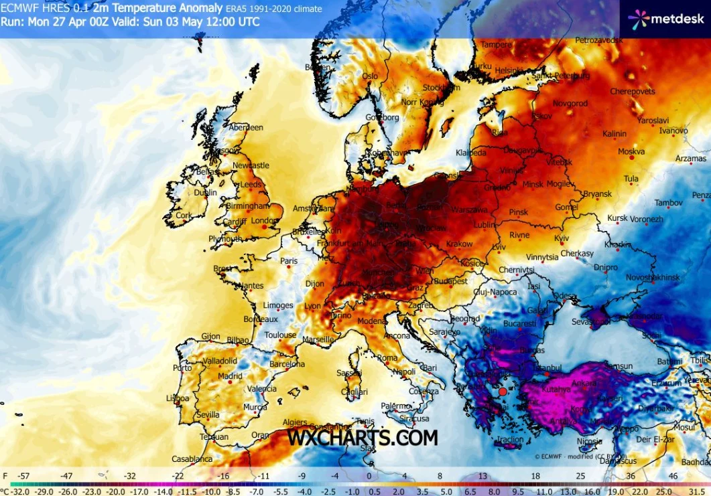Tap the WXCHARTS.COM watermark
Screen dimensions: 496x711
[x=363, y=438]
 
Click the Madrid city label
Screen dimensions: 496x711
[x=230, y=376]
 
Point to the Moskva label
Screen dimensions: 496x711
[x=631, y=152]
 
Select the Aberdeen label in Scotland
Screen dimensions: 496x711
[x=246, y=127]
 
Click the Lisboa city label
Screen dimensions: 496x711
[x=177, y=398]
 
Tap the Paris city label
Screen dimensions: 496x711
[x=288, y=261]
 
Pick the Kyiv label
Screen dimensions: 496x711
[x=562, y=238]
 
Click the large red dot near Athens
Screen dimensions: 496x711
[x=503, y=392]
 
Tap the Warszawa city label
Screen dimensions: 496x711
[x=469, y=210]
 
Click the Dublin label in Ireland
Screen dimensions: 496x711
[x=205, y=193]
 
